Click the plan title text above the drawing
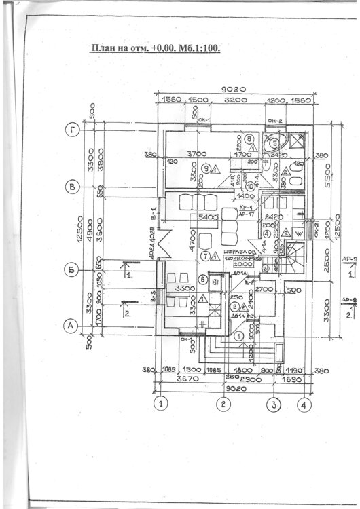coord(157,48)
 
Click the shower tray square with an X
coord(297,142)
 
